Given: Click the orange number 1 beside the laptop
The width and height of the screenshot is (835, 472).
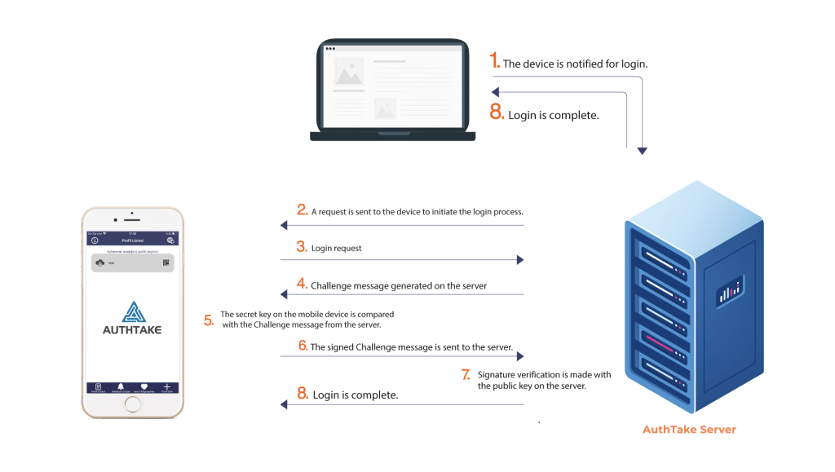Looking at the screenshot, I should point(494,61).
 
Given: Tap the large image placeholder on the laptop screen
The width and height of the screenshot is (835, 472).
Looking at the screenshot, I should point(348,75).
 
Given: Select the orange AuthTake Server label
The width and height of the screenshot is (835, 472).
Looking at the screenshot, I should point(689,429).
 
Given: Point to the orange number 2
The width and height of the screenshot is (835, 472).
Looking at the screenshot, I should point(302,210).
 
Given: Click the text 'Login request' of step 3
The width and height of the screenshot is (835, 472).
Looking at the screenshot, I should point(336,248).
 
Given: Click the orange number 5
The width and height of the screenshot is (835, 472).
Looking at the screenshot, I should point(210,320).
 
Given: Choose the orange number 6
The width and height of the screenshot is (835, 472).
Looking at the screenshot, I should point(302,346).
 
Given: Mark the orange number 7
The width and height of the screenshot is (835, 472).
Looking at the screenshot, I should point(466,374).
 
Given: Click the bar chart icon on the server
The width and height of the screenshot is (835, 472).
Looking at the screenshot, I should point(730,291).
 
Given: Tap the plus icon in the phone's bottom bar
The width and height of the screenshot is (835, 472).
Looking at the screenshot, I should point(166,386).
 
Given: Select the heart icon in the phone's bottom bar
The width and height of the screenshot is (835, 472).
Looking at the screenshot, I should point(144,386).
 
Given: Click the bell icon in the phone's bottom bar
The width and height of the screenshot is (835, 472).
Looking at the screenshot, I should point(121,386).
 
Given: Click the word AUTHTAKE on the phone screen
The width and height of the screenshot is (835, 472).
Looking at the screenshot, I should point(132,330).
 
